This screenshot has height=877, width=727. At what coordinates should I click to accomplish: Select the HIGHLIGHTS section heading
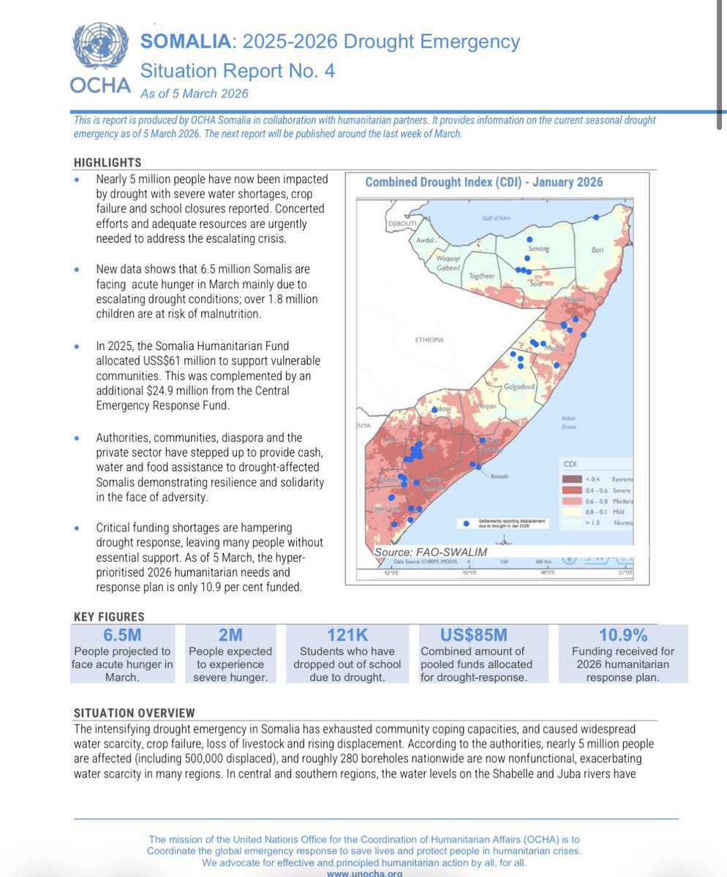(x=108, y=162)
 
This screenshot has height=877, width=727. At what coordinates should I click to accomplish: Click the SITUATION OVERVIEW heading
(x=135, y=713)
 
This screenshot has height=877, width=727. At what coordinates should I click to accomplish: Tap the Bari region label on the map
(x=597, y=250)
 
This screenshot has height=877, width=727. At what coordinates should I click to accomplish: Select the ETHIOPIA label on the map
(x=429, y=340)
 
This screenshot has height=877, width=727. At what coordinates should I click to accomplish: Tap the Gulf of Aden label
(x=494, y=219)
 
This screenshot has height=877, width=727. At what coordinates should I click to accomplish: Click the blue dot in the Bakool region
(x=434, y=410)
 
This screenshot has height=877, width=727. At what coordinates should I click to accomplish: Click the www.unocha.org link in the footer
(x=363, y=873)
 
